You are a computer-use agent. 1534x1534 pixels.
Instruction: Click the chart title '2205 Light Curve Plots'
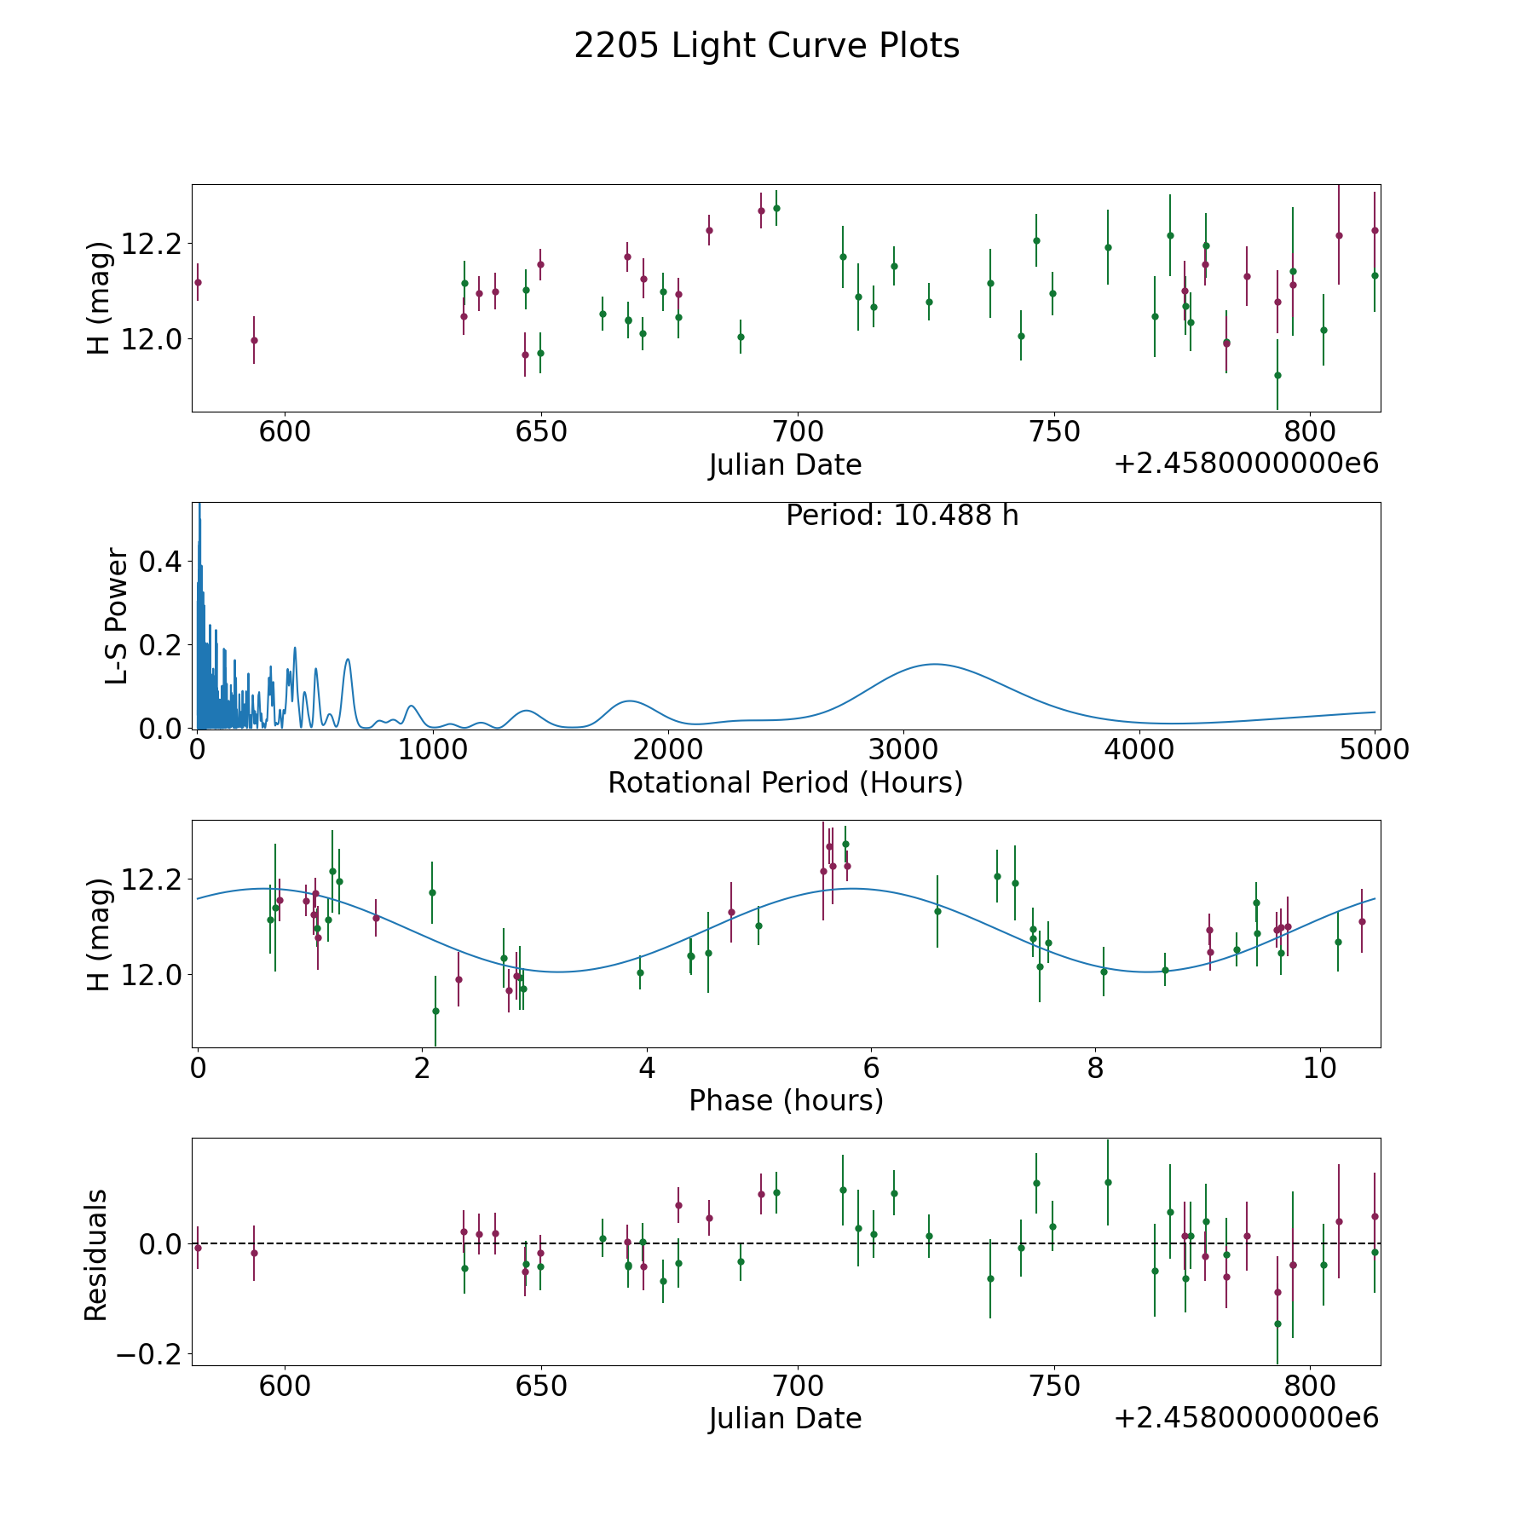pyautogui.click(x=767, y=46)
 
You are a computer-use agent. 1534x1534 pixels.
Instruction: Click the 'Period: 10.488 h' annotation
pyautogui.click(x=902, y=516)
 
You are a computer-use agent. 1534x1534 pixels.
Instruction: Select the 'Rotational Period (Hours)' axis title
pyautogui.click(x=785, y=782)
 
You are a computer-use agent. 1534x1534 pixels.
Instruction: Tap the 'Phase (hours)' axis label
pyautogui.click(x=786, y=1100)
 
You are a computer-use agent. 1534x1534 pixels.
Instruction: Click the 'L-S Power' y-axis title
pyautogui.click(x=117, y=615)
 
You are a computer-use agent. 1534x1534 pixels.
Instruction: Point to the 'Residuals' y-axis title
pyautogui.click(x=96, y=1254)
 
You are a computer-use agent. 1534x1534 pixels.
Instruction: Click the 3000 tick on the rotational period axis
pyautogui.click(x=903, y=749)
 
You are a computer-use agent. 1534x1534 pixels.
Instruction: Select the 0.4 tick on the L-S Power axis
pyautogui.click(x=162, y=562)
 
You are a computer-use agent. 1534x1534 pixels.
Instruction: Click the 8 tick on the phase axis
pyautogui.click(x=1095, y=1067)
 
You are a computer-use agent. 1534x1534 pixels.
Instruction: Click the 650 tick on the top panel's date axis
pyautogui.click(x=541, y=431)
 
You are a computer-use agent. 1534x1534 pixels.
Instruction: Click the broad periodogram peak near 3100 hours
pyautogui.click(x=935, y=664)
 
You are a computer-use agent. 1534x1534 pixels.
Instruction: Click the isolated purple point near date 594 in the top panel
pyautogui.click(x=254, y=340)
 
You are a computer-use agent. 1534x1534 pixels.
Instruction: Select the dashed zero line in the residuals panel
pyautogui.click(x=786, y=1243)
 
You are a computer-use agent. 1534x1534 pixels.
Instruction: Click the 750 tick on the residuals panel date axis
pyautogui.click(x=1054, y=1386)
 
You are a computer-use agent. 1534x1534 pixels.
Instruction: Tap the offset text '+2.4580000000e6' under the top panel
pyautogui.click(x=1246, y=464)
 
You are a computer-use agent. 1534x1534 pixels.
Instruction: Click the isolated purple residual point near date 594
pyautogui.click(x=254, y=1253)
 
